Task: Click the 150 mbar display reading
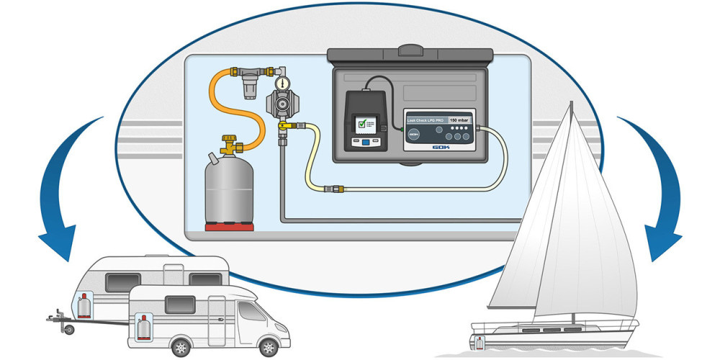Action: (458, 120)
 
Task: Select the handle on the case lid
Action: (410, 51)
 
